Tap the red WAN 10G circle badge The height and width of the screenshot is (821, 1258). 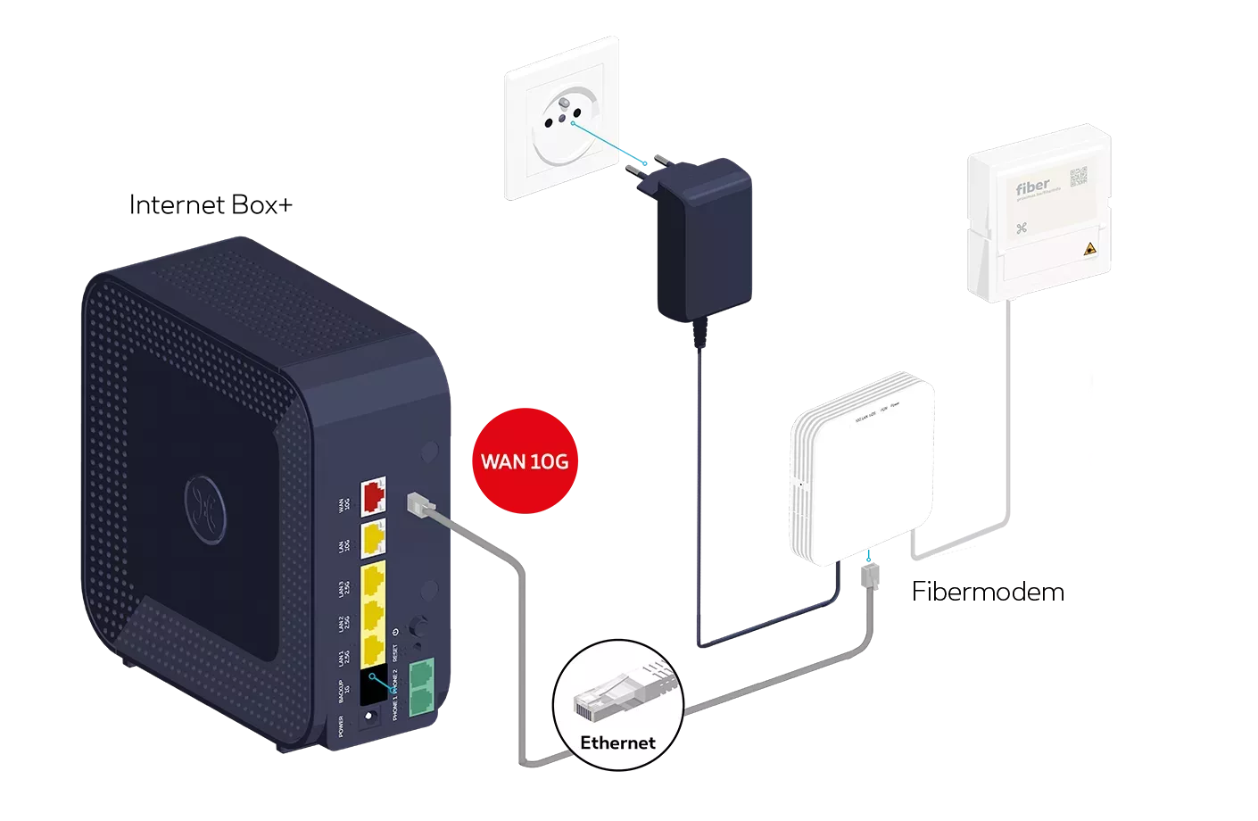tap(524, 461)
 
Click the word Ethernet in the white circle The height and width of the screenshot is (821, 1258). tap(617, 742)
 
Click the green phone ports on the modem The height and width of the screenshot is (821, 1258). tap(422, 688)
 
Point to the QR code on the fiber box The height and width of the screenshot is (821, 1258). tap(1080, 178)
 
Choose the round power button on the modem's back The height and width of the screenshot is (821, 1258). tap(416, 625)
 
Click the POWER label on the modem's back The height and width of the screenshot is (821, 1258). tap(342, 729)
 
